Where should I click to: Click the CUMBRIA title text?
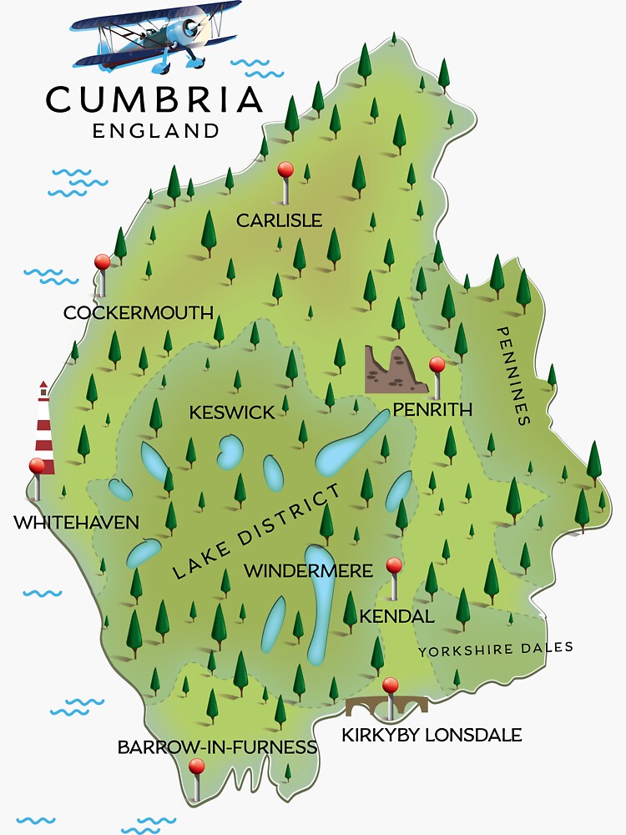(x=154, y=100)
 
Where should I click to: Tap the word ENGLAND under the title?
(x=156, y=131)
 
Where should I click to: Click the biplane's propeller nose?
(x=191, y=27)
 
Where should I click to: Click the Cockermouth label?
(x=139, y=313)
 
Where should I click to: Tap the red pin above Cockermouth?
(x=102, y=263)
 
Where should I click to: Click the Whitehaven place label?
(x=76, y=523)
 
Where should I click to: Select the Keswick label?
(x=231, y=412)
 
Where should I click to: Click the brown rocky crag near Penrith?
(x=396, y=370)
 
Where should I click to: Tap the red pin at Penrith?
(x=437, y=365)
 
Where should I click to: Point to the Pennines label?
(x=513, y=376)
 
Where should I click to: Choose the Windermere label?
(x=308, y=571)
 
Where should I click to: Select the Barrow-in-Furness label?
(x=217, y=746)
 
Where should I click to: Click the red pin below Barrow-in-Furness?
(x=196, y=767)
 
